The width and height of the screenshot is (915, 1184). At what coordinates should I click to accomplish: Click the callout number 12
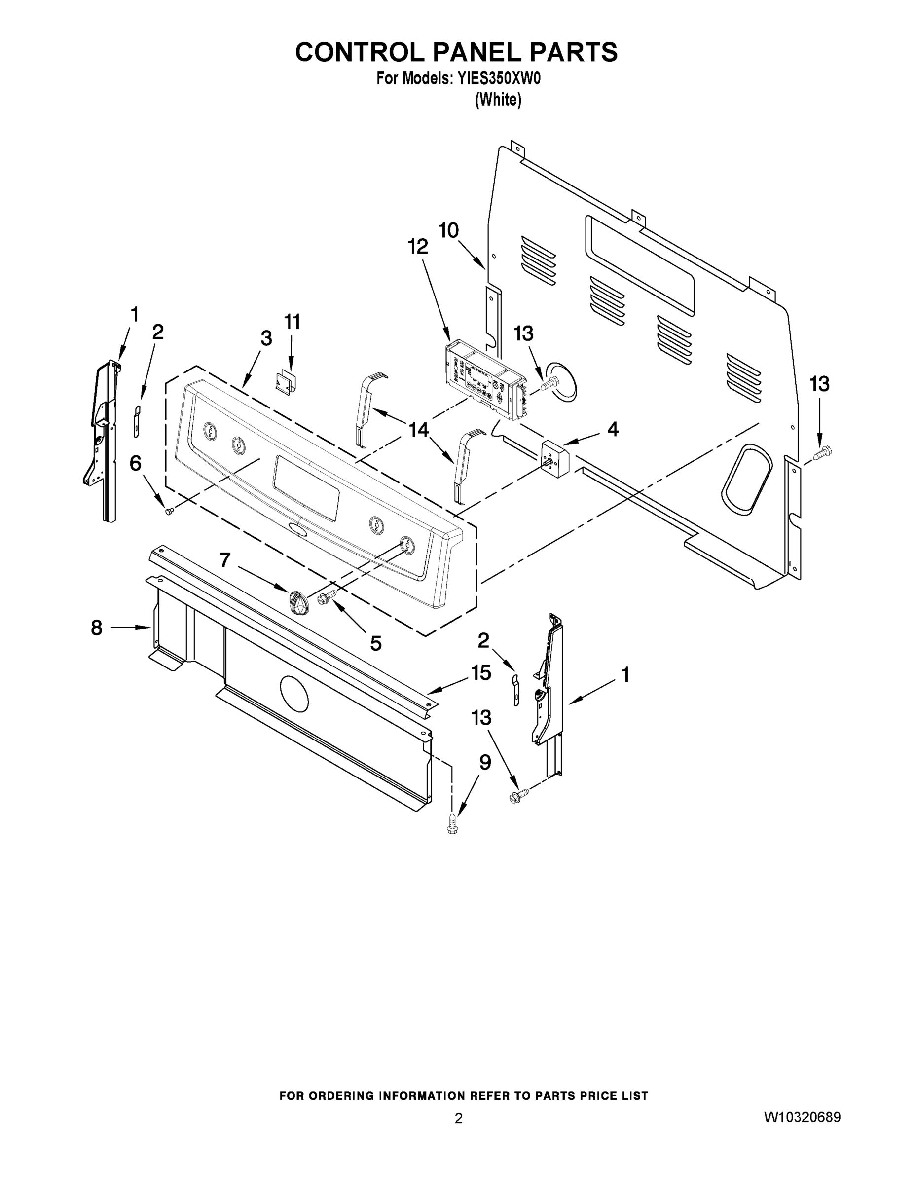click(417, 247)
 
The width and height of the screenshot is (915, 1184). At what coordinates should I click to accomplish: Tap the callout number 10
click(448, 230)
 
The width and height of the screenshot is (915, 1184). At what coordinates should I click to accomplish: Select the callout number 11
click(292, 322)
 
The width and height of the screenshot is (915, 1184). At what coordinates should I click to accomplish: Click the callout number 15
click(481, 673)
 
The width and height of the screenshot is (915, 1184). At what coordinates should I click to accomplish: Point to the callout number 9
click(485, 762)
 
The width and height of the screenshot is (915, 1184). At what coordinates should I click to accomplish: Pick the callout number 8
click(97, 628)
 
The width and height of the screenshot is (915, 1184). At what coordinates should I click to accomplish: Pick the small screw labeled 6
click(169, 511)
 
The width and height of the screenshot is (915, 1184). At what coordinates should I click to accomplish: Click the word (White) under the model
click(498, 100)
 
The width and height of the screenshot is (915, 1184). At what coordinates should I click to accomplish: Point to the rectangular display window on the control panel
click(306, 486)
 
